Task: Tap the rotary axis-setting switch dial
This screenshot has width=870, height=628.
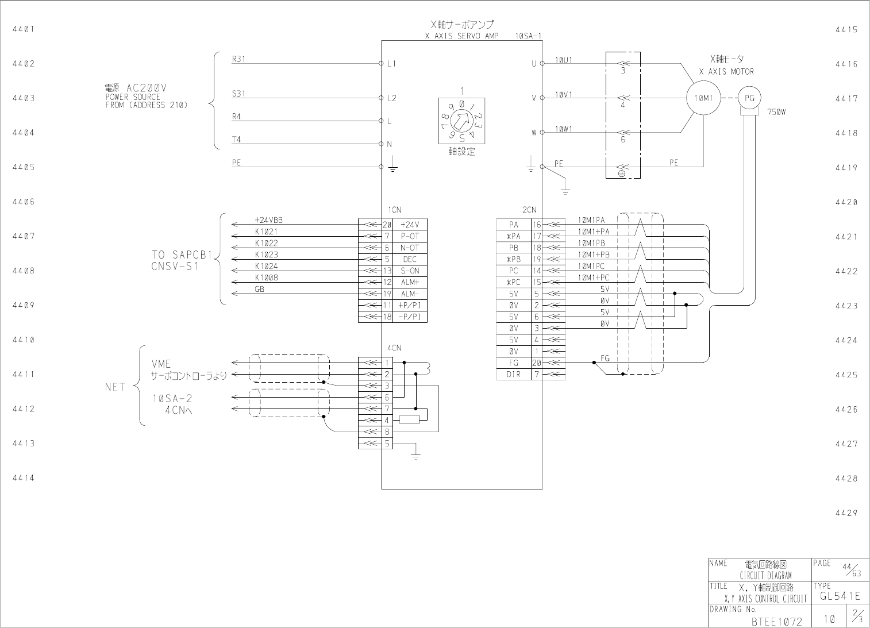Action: [461, 121]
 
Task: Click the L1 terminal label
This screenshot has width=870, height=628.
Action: [391, 64]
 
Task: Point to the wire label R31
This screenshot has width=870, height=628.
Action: [238, 59]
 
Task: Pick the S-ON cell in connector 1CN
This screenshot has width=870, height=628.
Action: [410, 271]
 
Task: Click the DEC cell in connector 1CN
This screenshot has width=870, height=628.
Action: [410, 259]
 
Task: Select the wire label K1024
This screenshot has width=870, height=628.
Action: [267, 266]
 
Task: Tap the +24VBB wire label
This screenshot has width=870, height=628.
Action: [268, 220]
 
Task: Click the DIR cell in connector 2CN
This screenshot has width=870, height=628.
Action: [514, 375]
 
